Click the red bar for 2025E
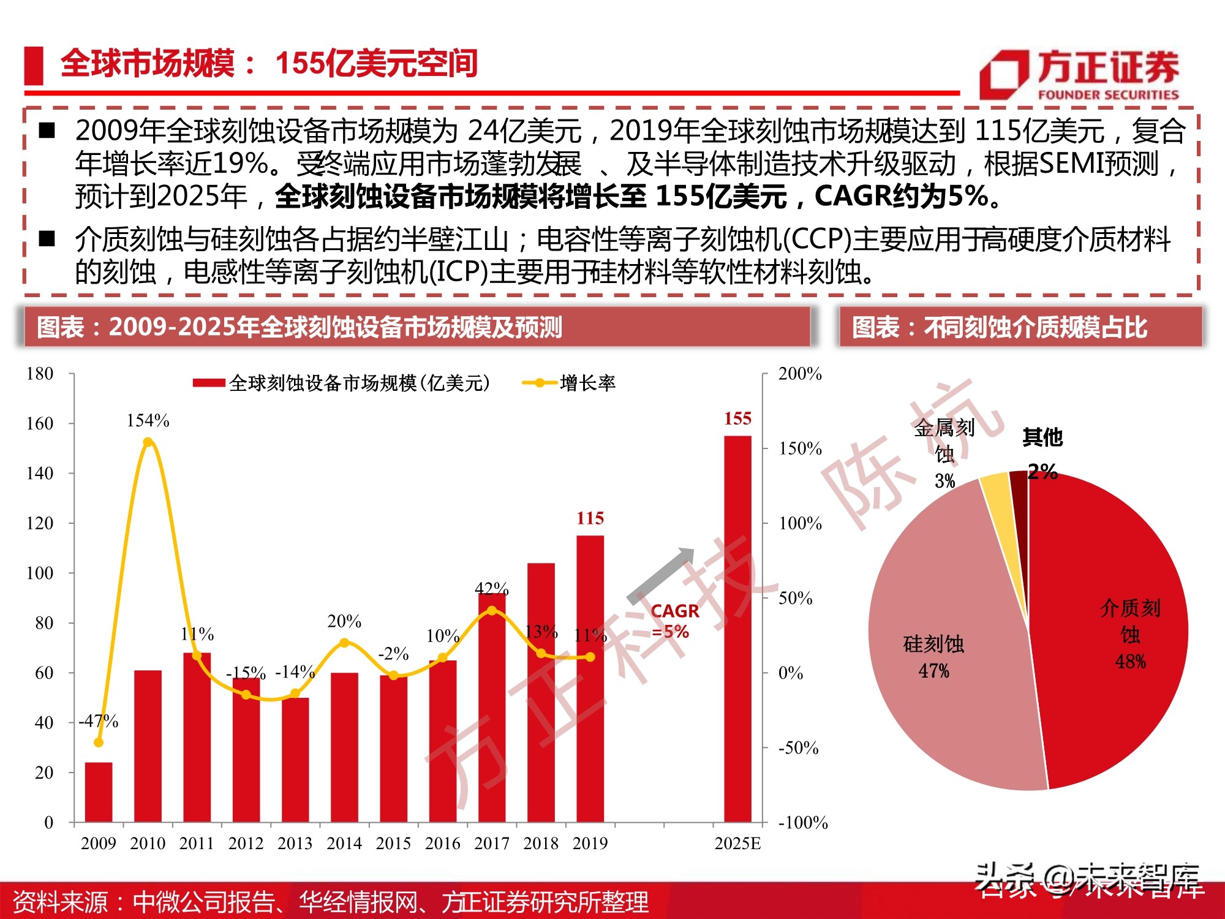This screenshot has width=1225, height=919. pos(737,628)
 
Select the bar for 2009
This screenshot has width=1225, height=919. pos(99,792)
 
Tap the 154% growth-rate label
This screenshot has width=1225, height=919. pos(148,421)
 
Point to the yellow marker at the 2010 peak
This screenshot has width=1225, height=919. pos(148,442)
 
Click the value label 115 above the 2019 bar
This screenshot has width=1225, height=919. pos(590,518)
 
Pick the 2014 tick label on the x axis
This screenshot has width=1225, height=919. pos(344,844)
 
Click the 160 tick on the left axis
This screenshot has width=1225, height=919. pos(40,423)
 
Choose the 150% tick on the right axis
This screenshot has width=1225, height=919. pos(800,448)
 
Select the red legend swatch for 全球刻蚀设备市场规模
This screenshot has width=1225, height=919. pos(209,384)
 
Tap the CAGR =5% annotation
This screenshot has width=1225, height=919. pos(674,621)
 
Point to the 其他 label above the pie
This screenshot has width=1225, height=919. pos(1042,437)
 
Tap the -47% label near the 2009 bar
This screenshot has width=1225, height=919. pos(99,721)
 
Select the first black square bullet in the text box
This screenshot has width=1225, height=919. pos(47,130)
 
